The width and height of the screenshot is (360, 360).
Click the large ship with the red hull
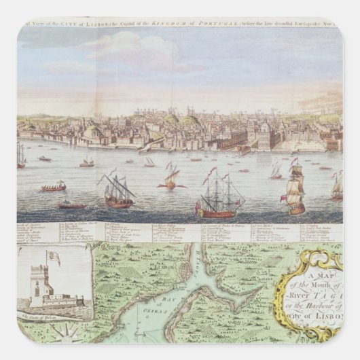pyautogui.click(x=219, y=202)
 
